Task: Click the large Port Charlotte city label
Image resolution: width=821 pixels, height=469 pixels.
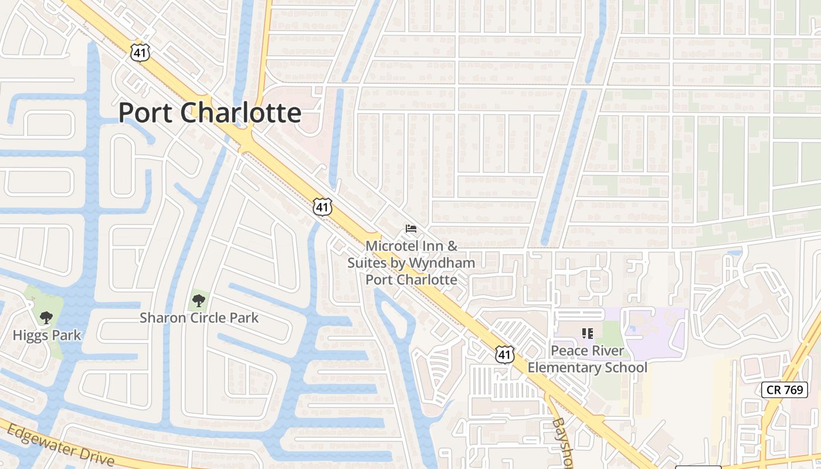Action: [x=210, y=113]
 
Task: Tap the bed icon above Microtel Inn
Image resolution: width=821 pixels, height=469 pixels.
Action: [x=411, y=228]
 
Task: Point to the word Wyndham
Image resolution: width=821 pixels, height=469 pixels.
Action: [x=442, y=263]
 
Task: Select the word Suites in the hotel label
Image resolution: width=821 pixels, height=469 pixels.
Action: [x=367, y=263]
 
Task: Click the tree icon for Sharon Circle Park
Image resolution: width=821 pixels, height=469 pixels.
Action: [x=199, y=301]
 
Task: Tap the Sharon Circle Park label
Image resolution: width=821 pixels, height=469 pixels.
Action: [x=199, y=318]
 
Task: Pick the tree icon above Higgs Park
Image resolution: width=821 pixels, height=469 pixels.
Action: [x=46, y=318]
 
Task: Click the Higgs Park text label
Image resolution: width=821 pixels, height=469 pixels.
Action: [x=47, y=335]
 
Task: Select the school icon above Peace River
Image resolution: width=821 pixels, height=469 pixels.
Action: [x=588, y=334]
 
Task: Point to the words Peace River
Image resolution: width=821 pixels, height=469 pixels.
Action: [x=588, y=352]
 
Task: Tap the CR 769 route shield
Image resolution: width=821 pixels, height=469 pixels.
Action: [x=785, y=389]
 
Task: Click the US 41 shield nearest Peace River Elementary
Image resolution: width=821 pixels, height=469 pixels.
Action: [x=505, y=354]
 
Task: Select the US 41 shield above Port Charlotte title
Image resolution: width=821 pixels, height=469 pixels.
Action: [x=140, y=52]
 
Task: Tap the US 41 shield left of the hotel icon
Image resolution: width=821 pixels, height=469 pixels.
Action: [x=323, y=207]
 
